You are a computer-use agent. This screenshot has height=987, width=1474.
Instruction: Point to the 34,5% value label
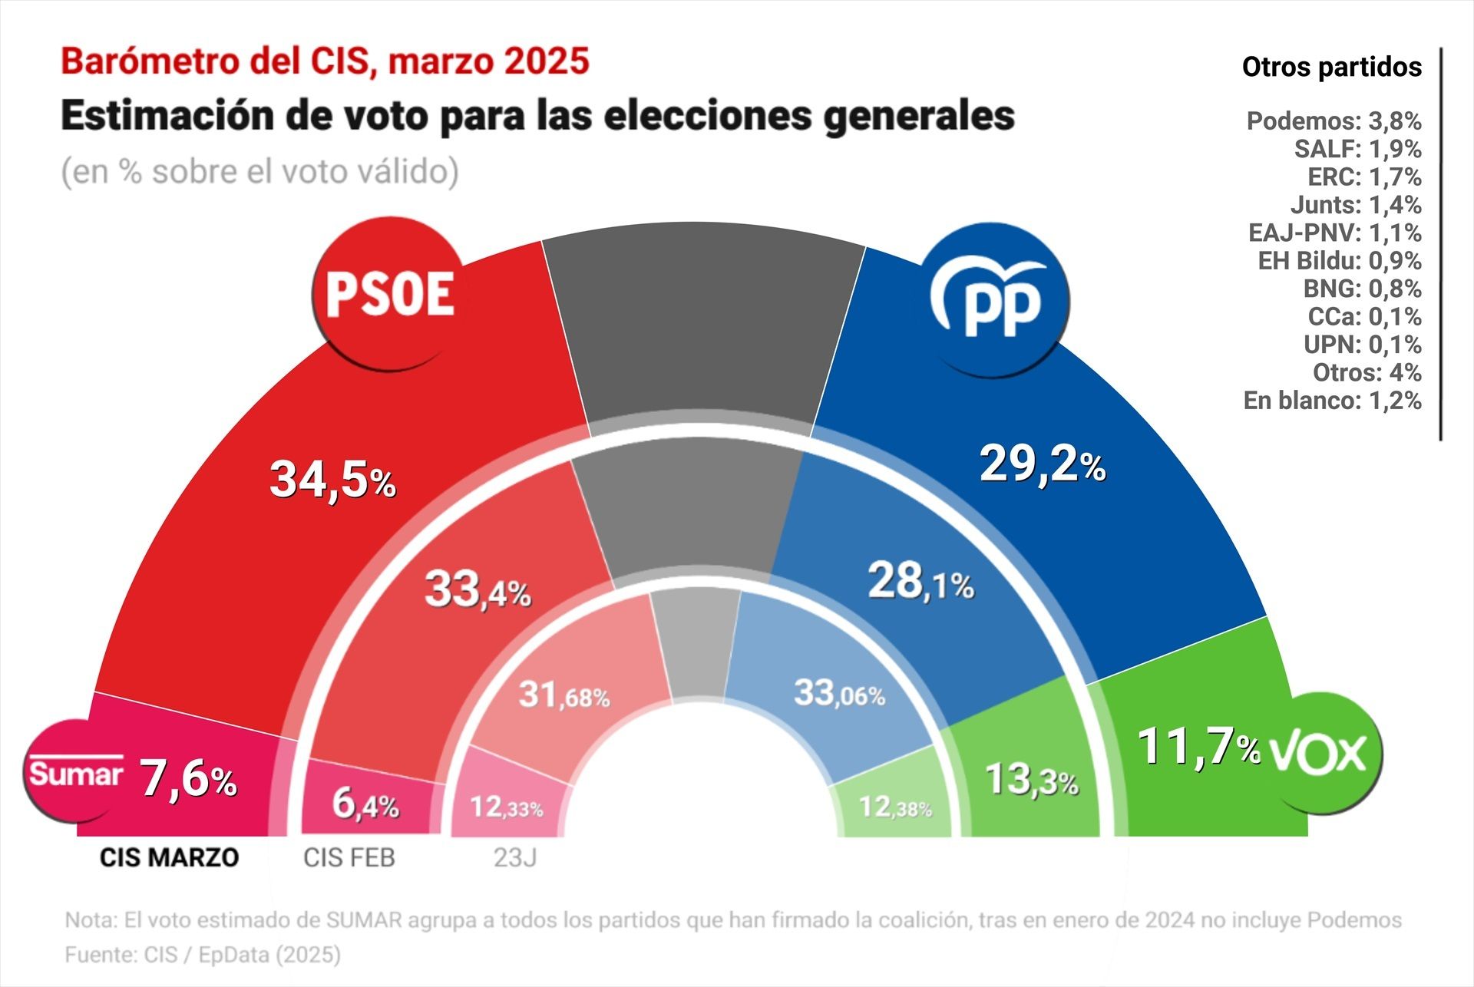[332, 480]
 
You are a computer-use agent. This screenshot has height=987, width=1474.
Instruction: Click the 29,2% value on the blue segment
[1042, 464]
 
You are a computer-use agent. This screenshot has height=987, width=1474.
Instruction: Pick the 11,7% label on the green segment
[1198, 747]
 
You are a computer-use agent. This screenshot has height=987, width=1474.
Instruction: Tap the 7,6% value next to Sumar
[188, 779]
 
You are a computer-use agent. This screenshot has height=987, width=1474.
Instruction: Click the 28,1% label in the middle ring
[920, 582]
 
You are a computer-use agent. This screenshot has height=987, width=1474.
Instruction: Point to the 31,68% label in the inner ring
[563, 695]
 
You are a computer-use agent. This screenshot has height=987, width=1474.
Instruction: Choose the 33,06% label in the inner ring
[839, 693]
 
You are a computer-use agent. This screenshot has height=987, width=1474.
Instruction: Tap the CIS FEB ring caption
[349, 857]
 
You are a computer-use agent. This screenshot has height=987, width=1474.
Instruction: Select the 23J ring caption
[515, 857]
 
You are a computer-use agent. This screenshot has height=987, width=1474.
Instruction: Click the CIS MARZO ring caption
[169, 857]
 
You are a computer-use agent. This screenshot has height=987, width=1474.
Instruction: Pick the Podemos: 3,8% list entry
[1334, 121]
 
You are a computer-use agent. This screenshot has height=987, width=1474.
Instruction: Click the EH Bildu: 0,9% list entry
[1339, 261]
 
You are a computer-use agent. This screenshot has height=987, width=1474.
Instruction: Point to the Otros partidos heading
[1331, 68]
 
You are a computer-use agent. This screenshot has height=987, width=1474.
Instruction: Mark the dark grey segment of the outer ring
[702, 322]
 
